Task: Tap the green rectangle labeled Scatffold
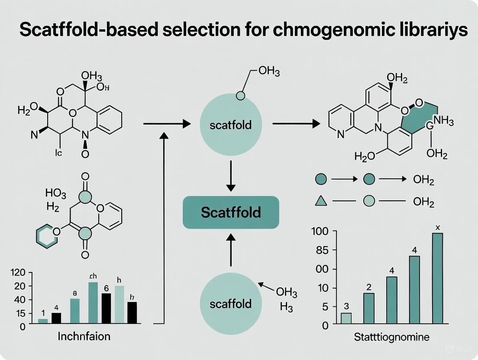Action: [x=231, y=212]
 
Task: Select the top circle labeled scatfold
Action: [x=230, y=125]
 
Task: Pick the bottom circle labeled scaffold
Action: [x=230, y=303]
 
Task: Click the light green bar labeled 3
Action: [x=346, y=318]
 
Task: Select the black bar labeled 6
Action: [x=106, y=308]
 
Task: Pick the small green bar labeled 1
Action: [x=43, y=321]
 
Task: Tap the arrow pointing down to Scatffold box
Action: [x=231, y=175]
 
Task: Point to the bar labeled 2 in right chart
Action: [x=369, y=309]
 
